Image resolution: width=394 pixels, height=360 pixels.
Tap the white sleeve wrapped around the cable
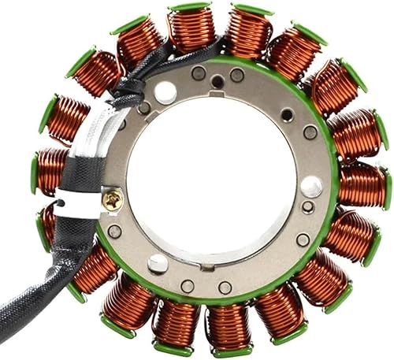(x=87, y=169)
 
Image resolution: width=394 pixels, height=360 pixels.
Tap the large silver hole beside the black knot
(x=165, y=92)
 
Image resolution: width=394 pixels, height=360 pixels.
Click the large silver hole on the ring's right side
(x=311, y=187)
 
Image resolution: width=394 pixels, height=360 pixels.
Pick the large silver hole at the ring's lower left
(x=158, y=263)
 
